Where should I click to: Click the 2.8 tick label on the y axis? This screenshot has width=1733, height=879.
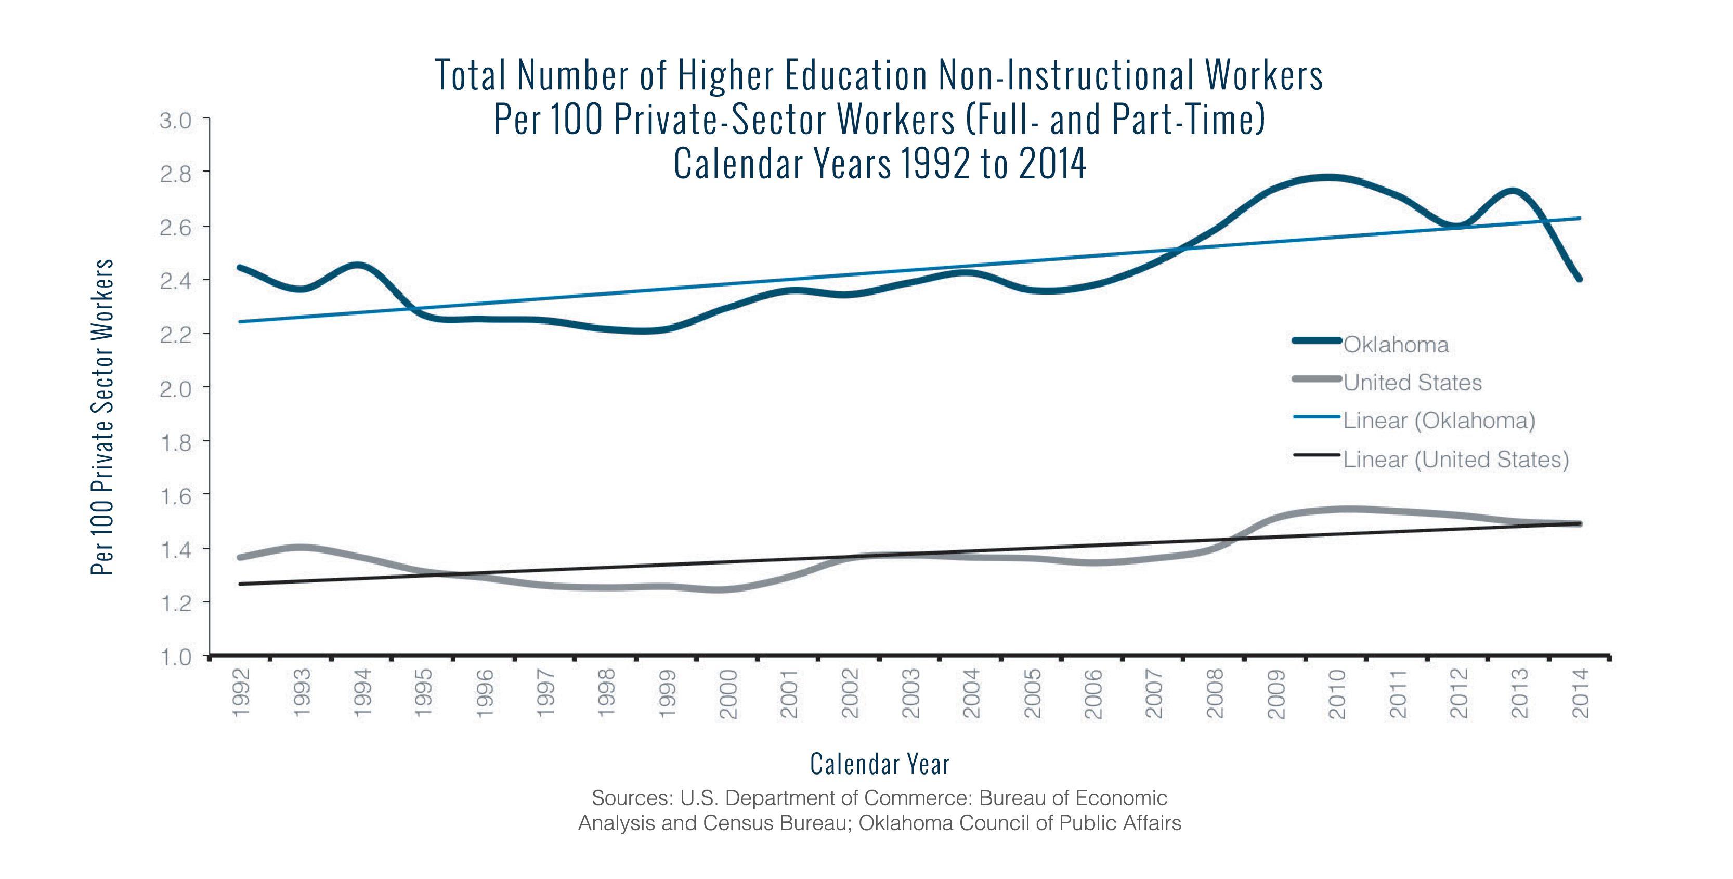pyautogui.click(x=175, y=174)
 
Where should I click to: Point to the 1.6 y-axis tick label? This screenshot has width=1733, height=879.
pyautogui.click(x=175, y=496)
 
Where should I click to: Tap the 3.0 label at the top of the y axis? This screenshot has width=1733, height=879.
pyautogui.click(x=175, y=121)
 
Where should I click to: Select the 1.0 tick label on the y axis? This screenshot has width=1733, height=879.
pyautogui.click(x=175, y=657)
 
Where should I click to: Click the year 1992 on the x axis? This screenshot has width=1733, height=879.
pyautogui.click(x=241, y=693)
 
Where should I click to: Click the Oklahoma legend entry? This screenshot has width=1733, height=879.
pyautogui.click(x=1396, y=345)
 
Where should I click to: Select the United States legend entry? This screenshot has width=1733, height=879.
pyautogui.click(x=1413, y=383)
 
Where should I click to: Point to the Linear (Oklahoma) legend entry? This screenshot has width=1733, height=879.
pyautogui.click(x=1439, y=421)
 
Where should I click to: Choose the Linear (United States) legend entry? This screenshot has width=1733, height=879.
pyautogui.click(x=1456, y=460)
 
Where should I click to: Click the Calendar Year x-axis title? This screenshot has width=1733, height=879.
pyautogui.click(x=879, y=765)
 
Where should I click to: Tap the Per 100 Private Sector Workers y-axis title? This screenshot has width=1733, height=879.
pyautogui.click(x=102, y=417)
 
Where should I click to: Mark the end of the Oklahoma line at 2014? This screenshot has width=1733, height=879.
pyautogui.click(x=1580, y=279)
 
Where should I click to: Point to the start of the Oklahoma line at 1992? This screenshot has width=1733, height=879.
pyautogui.click(x=240, y=267)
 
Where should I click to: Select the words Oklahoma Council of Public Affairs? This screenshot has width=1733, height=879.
pyautogui.click(x=1020, y=823)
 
